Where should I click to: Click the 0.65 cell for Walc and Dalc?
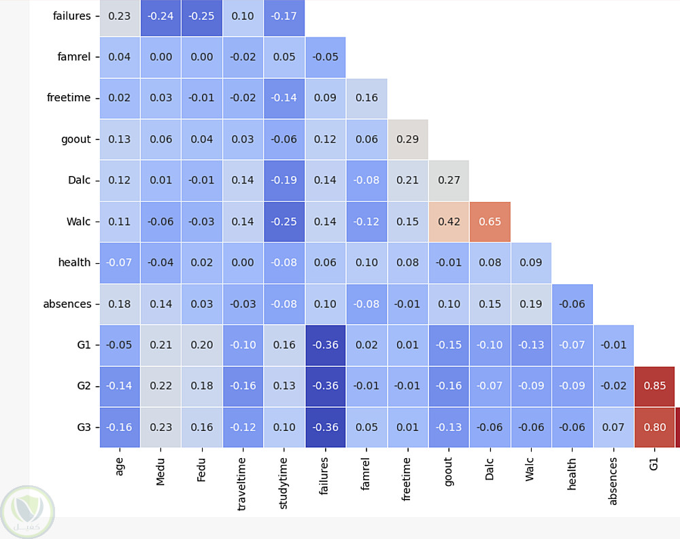click(x=490, y=222)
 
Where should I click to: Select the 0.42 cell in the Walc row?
click(x=449, y=222)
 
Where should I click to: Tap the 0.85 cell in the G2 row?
click(x=654, y=386)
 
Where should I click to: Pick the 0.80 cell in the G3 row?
click(x=654, y=428)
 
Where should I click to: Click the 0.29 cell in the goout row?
click(x=407, y=139)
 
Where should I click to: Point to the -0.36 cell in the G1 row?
click(x=325, y=345)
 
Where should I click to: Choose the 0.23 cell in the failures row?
click(x=120, y=16)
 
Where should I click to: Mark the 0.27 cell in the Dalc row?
click(x=449, y=180)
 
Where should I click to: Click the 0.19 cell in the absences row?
click(x=531, y=304)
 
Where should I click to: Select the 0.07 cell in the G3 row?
click(x=613, y=428)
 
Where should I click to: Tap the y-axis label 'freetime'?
click(x=68, y=98)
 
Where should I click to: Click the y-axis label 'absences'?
click(x=67, y=304)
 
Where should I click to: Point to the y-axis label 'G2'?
click(x=84, y=386)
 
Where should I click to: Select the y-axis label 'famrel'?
click(x=74, y=57)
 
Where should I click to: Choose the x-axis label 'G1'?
click(x=654, y=465)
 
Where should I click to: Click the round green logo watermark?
click(x=28, y=512)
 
